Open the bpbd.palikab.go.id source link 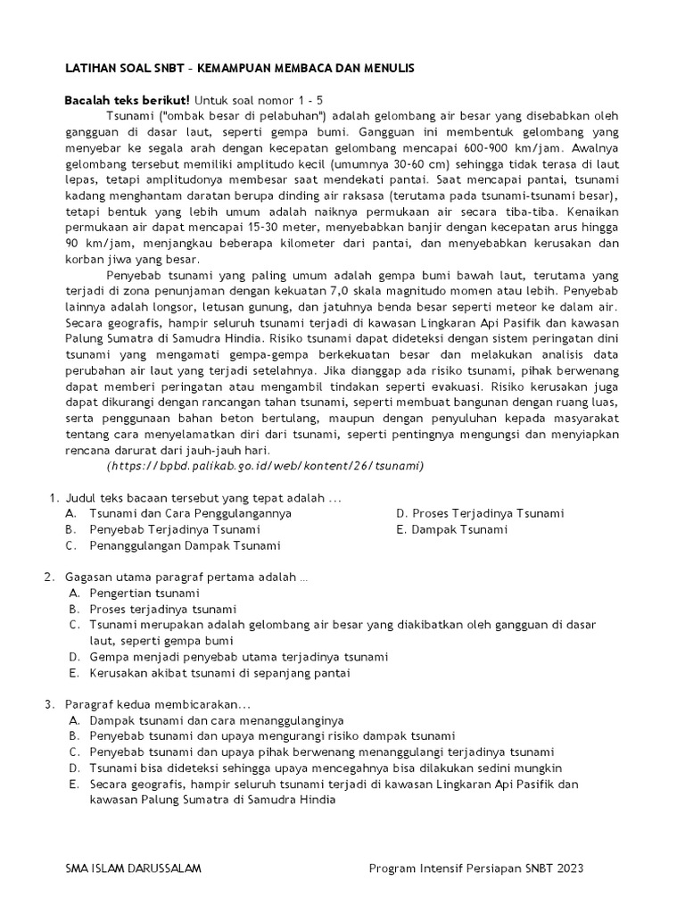click(x=265, y=466)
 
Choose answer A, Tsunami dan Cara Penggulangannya click(x=190, y=513)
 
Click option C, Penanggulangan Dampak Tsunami click(x=185, y=545)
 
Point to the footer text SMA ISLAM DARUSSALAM click(x=131, y=868)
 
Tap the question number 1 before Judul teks click(x=53, y=497)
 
